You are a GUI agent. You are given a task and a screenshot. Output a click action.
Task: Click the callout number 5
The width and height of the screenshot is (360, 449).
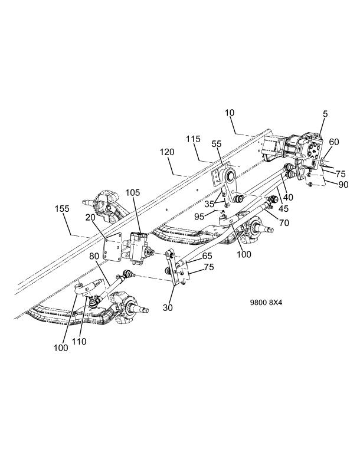(325, 114)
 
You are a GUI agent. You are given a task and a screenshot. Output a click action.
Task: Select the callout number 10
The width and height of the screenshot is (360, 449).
(230, 113)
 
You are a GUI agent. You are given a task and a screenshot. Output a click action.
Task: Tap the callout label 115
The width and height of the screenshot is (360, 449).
(194, 139)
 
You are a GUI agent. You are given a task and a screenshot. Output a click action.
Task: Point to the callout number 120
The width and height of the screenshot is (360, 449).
(167, 152)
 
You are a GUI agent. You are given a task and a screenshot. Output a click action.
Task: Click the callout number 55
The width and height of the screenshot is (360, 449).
(217, 144)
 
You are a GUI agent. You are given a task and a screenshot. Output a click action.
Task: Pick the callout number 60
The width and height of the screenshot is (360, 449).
(334, 142)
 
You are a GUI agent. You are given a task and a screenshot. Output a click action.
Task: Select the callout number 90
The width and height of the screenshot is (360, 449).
(343, 185)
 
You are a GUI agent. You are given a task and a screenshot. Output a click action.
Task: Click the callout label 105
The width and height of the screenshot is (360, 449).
(133, 193)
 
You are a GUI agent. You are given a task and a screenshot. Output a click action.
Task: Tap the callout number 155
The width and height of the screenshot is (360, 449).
(62, 209)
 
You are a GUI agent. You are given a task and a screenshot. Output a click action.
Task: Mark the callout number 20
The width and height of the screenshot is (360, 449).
(90, 218)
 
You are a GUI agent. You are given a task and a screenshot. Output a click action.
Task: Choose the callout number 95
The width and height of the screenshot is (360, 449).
(199, 217)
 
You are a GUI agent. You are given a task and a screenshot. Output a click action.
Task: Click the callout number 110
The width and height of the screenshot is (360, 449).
(79, 342)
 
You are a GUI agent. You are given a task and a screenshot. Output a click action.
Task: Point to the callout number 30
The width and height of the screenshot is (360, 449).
(168, 307)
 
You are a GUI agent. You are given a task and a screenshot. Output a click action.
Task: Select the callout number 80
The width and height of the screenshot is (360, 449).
(94, 256)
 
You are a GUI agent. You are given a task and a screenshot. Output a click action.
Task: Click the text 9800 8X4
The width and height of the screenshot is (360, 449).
(266, 303)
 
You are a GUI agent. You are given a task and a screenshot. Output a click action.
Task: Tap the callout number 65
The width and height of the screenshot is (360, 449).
(207, 255)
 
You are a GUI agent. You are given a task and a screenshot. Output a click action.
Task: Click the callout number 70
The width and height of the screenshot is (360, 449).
(284, 222)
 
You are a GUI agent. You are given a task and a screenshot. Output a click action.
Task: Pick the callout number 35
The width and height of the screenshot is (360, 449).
(210, 205)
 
